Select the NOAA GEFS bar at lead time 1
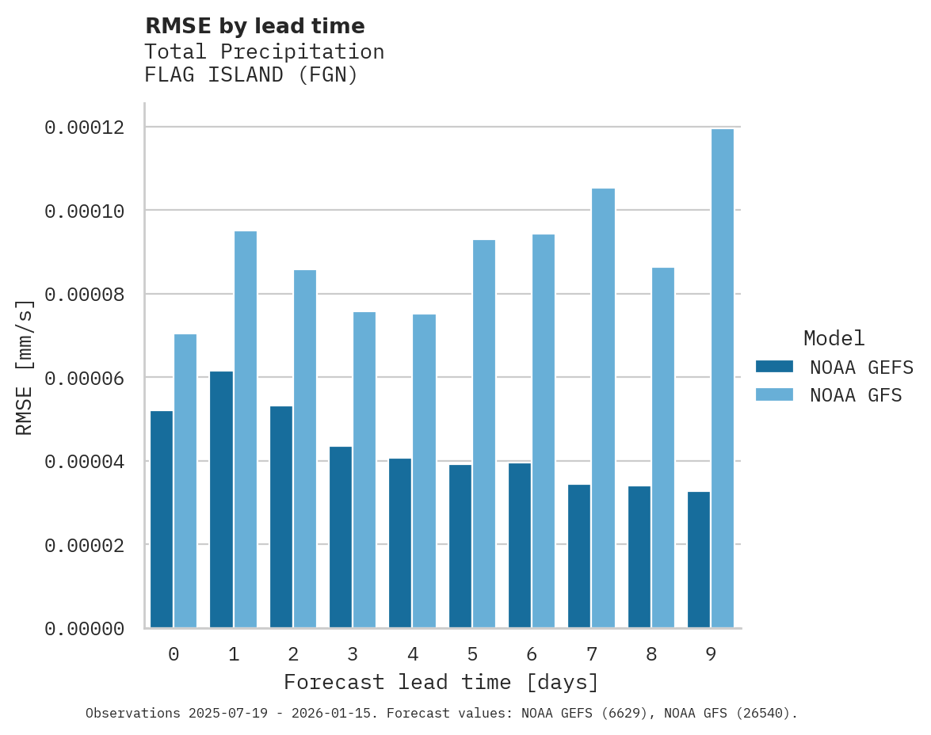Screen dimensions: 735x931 [x=221, y=500]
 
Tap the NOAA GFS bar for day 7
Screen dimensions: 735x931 [x=603, y=408]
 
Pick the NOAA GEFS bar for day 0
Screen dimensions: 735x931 [x=162, y=520]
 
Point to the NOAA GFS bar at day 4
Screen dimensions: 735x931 [x=424, y=471]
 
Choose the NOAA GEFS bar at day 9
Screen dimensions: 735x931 [x=699, y=560]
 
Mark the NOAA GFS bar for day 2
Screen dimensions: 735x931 [x=305, y=449]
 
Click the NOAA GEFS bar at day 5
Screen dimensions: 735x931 [x=460, y=546]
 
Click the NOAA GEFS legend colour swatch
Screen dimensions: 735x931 [x=774, y=366]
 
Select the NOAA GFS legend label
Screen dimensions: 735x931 [x=856, y=395]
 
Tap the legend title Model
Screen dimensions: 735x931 [x=834, y=338]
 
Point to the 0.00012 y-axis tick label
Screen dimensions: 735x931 [x=84, y=128]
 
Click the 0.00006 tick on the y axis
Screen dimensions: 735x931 [x=84, y=379]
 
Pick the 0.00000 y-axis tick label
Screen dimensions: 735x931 [x=84, y=629]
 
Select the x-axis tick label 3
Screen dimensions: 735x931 [x=353, y=654]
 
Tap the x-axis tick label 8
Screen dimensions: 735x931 [x=651, y=654]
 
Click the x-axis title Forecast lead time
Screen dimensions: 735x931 [x=441, y=682]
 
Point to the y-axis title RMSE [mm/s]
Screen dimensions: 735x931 [x=25, y=367]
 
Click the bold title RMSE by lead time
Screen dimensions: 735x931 [x=254, y=26]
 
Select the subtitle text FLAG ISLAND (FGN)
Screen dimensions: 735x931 [x=251, y=75]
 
